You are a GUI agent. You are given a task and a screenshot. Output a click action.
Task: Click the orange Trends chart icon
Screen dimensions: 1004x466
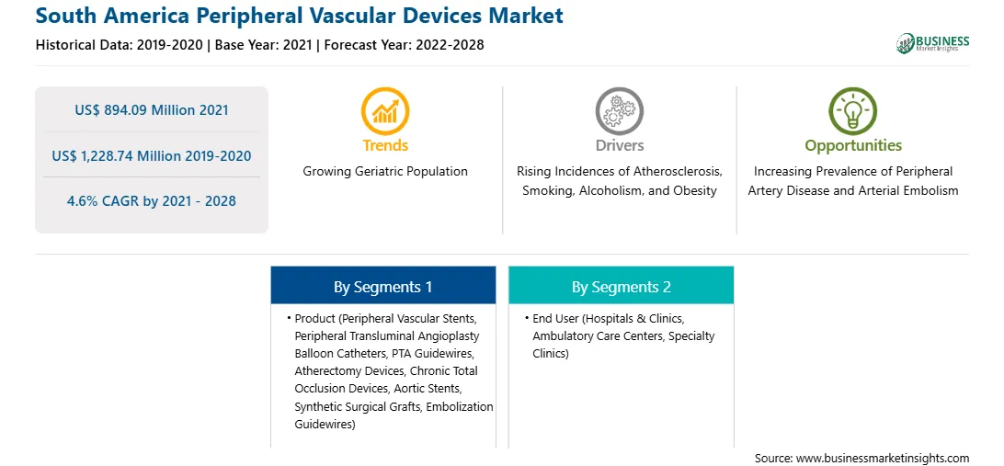[385, 111]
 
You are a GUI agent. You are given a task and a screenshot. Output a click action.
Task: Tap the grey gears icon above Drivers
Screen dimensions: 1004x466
[619, 111]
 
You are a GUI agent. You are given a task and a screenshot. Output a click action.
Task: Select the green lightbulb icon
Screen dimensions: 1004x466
[853, 111]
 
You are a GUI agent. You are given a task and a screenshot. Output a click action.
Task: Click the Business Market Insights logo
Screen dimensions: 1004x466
[933, 43]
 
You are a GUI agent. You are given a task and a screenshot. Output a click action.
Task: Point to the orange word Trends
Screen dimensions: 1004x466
[385, 145]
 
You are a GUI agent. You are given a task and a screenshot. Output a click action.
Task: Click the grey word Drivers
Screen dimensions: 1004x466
[620, 145]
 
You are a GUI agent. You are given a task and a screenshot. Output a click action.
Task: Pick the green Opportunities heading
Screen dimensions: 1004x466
[853, 146]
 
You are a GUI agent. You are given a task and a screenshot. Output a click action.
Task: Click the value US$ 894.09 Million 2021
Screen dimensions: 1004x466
[152, 110]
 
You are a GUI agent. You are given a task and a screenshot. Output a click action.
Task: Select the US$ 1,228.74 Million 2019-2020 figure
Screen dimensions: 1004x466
[152, 155]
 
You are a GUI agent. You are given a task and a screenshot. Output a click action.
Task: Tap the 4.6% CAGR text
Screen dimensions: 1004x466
[151, 201]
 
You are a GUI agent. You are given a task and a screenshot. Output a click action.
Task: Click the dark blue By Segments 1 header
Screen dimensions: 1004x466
[382, 287]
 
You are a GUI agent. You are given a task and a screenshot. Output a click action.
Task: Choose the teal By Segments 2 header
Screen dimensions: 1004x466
[622, 287]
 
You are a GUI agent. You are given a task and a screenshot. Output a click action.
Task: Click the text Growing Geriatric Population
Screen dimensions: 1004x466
[385, 172]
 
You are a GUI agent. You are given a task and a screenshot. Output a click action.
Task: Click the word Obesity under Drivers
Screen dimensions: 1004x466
[696, 191]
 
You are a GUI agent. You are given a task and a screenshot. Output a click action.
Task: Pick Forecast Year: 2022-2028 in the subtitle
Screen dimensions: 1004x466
[401, 45]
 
